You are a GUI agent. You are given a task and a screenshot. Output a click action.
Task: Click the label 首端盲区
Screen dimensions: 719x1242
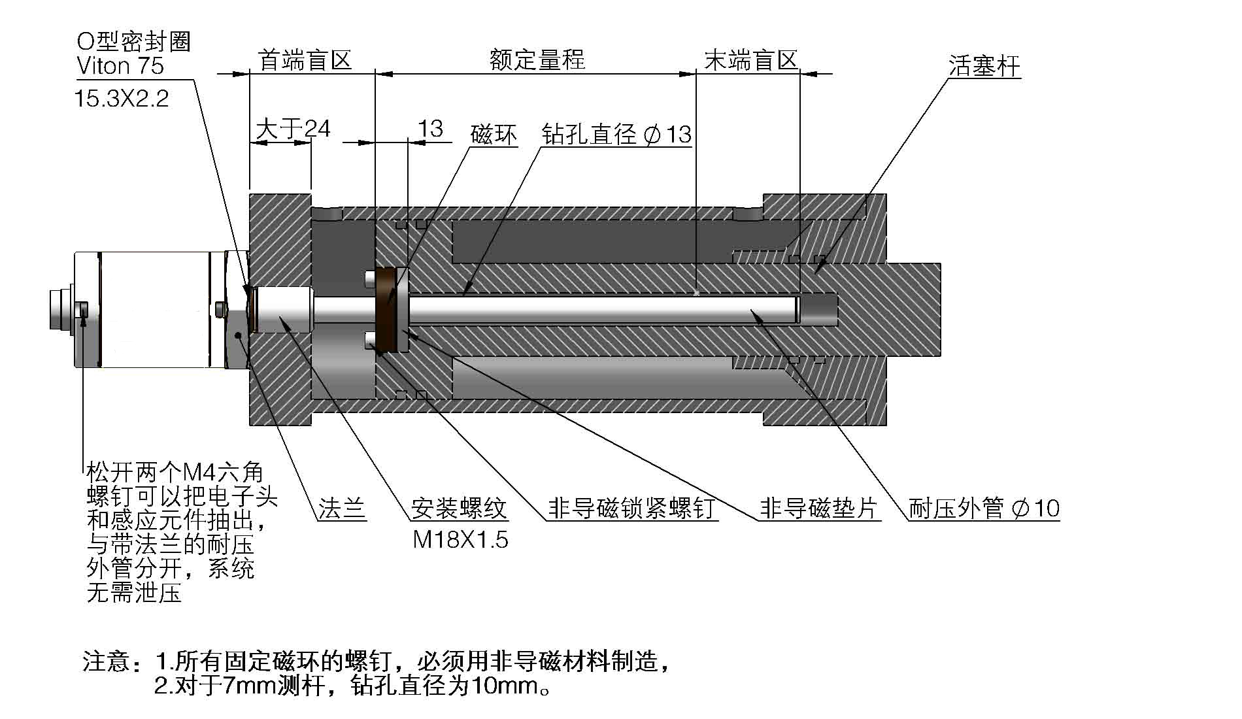[x=305, y=60]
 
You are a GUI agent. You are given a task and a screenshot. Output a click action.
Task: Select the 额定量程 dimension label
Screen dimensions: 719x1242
[x=537, y=60]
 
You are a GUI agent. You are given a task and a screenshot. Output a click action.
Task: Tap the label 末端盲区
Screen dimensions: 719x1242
[x=751, y=60]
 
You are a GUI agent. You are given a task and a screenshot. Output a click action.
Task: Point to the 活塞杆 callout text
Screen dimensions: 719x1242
[x=984, y=66]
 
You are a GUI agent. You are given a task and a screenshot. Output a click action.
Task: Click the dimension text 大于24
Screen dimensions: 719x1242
[x=292, y=128]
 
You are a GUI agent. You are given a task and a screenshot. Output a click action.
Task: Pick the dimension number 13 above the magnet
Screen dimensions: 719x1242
[x=430, y=129]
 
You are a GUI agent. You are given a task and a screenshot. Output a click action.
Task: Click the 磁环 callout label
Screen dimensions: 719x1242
[x=494, y=135]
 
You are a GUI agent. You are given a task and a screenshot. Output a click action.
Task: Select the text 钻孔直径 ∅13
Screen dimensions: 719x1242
[x=616, y=135]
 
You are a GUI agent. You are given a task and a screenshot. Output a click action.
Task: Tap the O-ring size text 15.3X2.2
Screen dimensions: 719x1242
[x=122, y=99]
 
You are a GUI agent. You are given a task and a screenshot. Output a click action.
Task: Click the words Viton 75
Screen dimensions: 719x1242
[x=120, y=66]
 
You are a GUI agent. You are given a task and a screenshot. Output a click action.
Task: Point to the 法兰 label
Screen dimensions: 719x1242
[x=341, y=508]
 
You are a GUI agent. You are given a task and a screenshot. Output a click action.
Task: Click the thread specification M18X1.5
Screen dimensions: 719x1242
[x=460, y=540]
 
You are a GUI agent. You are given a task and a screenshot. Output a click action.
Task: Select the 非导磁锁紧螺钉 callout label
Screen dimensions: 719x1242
[x=631, y=508]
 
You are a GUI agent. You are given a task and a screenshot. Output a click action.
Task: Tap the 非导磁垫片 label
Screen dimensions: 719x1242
[x=818, y=508]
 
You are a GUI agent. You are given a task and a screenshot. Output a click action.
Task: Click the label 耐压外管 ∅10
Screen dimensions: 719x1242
[x=984, y=508]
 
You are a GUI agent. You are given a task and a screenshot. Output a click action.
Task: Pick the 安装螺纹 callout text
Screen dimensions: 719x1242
[x=459, y=508]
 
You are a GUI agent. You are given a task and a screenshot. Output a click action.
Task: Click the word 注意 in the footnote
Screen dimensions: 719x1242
[x=107, y=661]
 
